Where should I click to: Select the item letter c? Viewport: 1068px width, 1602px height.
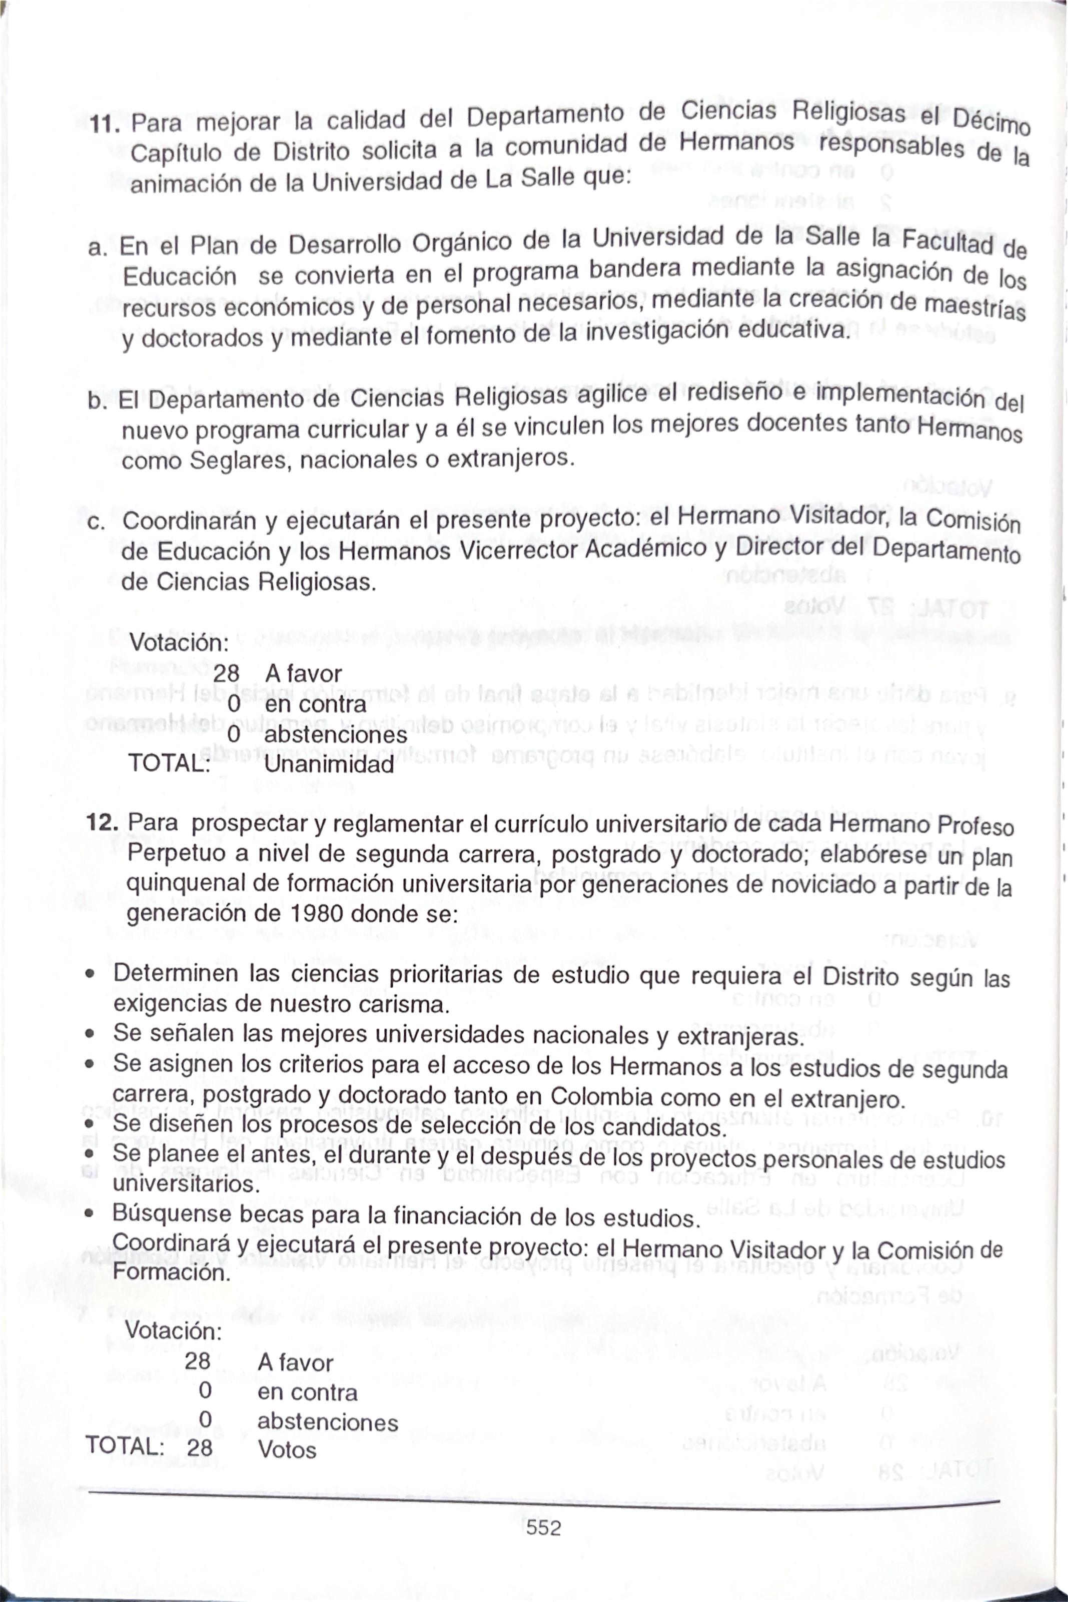click(x=96, y=522)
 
